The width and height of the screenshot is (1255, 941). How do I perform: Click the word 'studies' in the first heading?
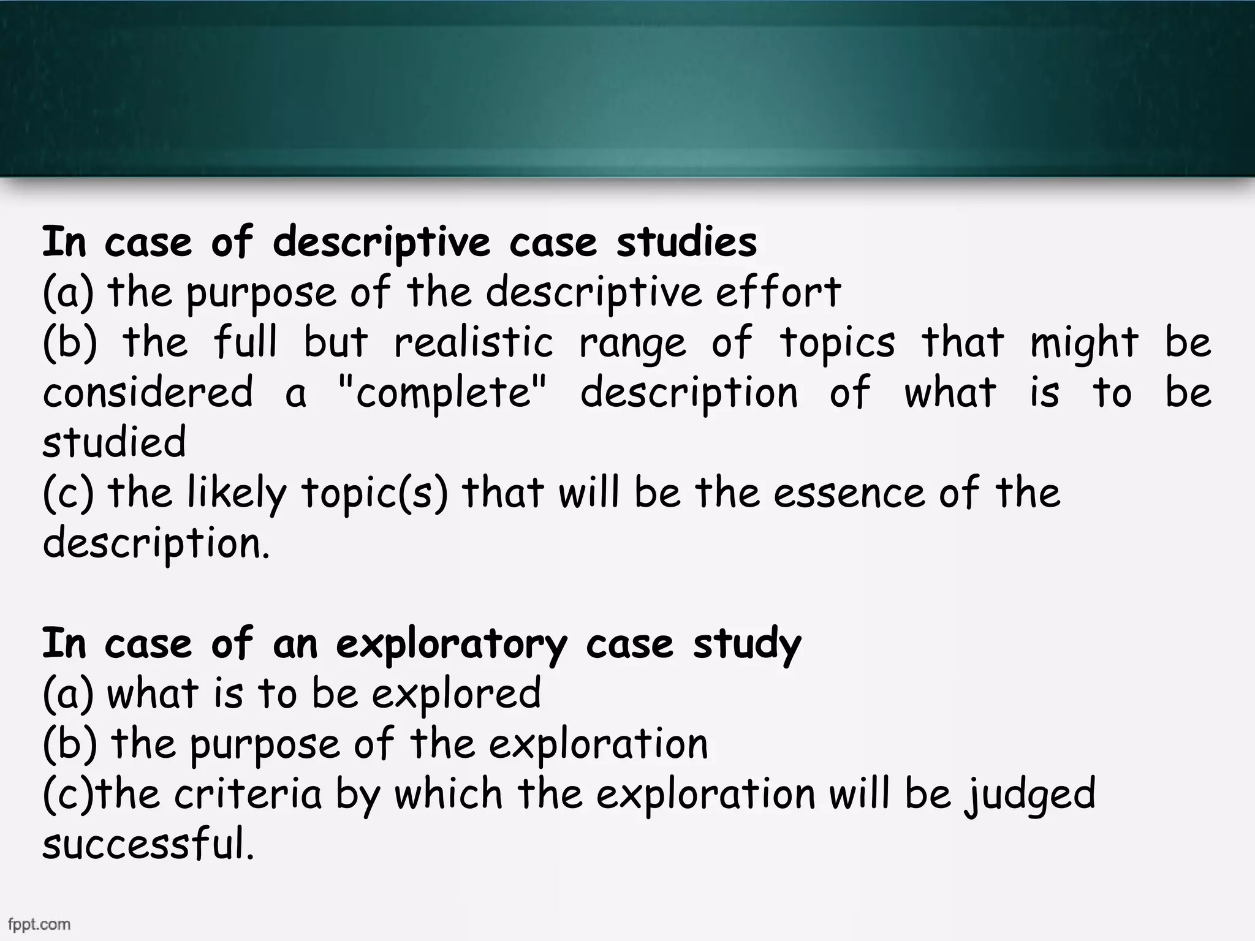tap(686, 242)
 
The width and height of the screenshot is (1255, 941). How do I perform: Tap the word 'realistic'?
tap(473, 342)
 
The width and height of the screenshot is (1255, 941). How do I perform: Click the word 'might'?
tap(1084, 343)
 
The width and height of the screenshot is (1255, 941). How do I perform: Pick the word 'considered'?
tap(147, 392)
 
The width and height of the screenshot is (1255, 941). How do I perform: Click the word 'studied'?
tap(114, 442)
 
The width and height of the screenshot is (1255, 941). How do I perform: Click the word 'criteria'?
tap(248, 794)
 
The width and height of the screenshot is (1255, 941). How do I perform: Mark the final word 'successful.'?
tap(148, 844)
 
